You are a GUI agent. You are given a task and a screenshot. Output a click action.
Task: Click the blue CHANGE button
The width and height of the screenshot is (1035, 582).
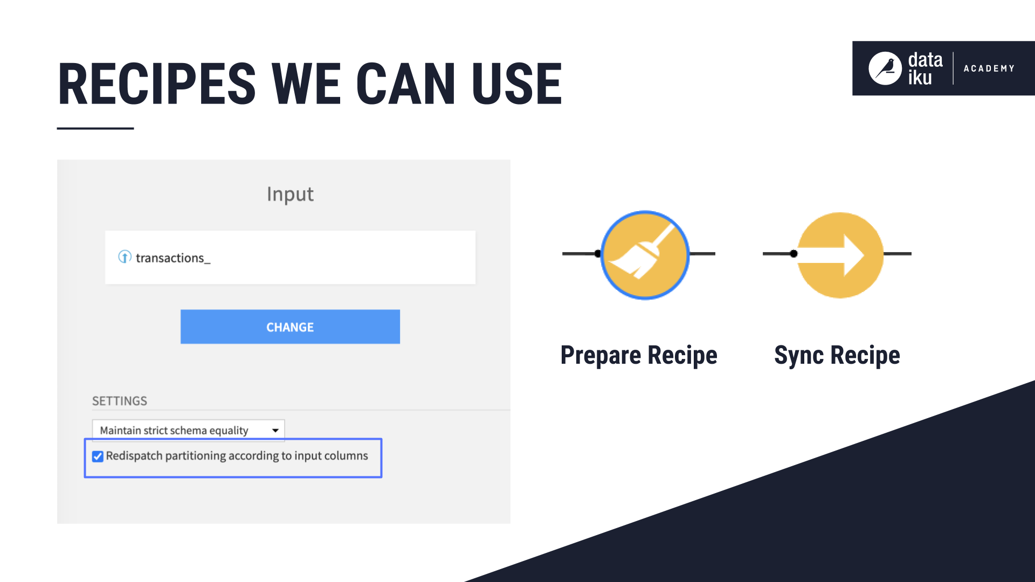(290, 327)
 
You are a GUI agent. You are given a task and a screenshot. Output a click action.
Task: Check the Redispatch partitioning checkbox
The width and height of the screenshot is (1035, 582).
(98, 456)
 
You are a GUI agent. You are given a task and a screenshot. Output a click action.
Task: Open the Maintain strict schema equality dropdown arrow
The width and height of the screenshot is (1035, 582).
(275, 430)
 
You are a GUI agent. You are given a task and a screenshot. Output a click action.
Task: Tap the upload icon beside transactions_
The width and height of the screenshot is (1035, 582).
(125, 257)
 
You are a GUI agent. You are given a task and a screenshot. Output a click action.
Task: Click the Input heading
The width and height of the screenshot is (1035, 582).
(290, 194)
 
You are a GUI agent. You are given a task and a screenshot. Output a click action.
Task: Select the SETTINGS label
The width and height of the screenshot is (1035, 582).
(119, 401)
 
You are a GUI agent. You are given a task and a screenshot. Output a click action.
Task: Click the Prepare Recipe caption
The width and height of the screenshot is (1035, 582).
(639, 355)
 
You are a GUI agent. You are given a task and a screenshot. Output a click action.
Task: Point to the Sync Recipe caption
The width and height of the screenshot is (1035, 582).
(837, 355)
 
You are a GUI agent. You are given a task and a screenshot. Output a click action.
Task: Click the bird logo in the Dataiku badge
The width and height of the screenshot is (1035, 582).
(885, 68)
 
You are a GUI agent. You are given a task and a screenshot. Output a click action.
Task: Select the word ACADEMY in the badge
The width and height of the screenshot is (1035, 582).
(989, 68)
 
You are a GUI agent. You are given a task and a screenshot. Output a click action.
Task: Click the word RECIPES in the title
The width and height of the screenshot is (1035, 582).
(157, 84)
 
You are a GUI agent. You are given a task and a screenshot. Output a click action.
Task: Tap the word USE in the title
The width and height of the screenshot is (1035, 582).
(516, 84)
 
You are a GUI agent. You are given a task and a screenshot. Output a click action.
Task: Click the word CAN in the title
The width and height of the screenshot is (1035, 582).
(405, 84)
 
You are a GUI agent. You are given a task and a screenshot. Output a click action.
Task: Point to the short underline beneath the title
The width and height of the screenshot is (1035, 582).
(95, 128)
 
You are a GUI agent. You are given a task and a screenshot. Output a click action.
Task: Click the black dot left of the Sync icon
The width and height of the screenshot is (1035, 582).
(793, 253)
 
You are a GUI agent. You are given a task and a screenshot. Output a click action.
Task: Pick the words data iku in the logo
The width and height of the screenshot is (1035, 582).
(925, 68)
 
